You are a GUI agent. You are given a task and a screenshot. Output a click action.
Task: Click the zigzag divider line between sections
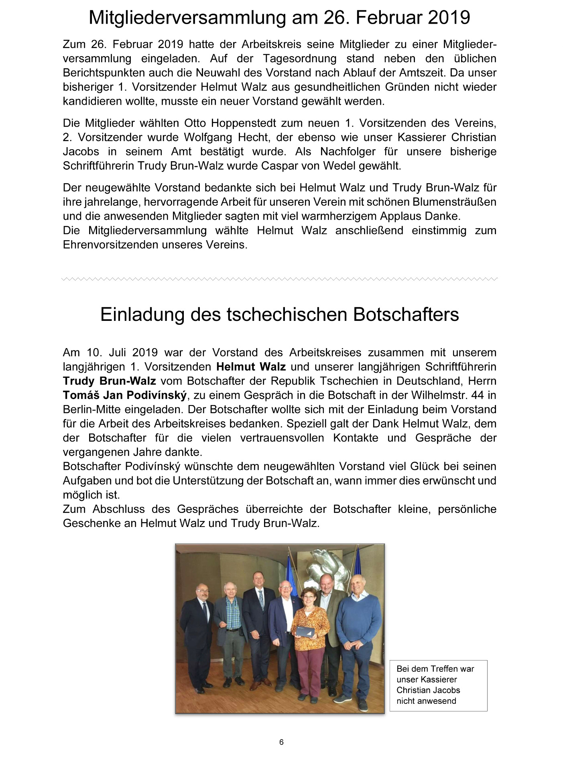click(280, 278)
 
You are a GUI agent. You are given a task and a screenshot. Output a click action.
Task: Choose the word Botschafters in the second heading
click(406, 314)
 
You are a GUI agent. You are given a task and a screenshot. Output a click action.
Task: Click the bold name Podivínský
click(157, 395)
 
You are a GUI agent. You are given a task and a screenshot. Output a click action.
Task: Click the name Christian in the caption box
click(415, 690)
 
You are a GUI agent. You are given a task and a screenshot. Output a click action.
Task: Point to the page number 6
click(281, 742)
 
